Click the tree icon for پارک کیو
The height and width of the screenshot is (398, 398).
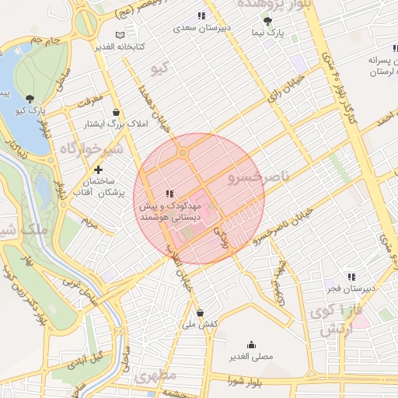pyautogui.click(x=30, y=98)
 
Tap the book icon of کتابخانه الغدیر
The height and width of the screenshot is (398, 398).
pyautogui.click(x=119, y=35)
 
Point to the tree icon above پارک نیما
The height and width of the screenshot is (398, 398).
pyautogui.click(x=268, y=21)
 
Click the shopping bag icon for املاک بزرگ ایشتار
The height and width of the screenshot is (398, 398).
pyautogui.click(x=116, y=112)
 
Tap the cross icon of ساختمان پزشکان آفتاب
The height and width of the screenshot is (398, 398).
pyautogui.click(x=98, y=169)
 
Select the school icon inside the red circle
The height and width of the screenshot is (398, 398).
pyautogui.click(x=169, y=193)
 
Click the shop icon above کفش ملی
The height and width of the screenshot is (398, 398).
pyautogui.click(x=201, y=312)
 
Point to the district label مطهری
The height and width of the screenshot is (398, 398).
pyautogui.click(x=156, y=378)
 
